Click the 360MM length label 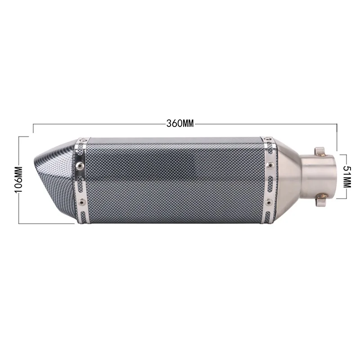click(180, 123)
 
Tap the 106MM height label click(18, 180)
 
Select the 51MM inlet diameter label click(347, 177)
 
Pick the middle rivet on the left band click(80, 164)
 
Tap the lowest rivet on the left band click(81, 201)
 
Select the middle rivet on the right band click(270, 164)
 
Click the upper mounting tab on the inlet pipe click(319, 151)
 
